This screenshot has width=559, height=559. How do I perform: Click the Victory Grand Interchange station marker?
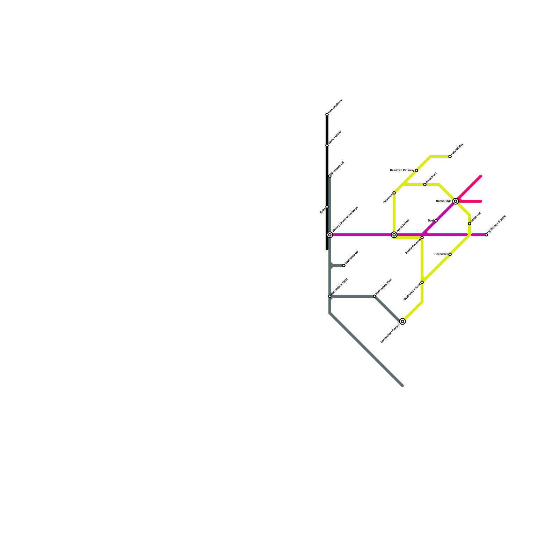(x=330, y=235)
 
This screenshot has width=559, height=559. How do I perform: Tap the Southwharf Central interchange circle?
(x=402, y=321)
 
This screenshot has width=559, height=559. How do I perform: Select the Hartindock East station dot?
(x=375, y=296)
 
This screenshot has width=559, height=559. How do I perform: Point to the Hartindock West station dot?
(x=330, y=296)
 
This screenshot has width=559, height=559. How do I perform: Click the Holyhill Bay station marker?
(x=450, y=157)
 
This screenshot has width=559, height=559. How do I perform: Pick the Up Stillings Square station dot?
(x=486, y=235)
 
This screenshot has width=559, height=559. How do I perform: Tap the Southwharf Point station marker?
(x=422, y=282)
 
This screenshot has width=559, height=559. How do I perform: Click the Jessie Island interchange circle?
(x=394, y=235)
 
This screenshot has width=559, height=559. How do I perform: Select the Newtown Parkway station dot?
(x=416, y=170)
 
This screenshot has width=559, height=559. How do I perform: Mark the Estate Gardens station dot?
(x=422, y=238)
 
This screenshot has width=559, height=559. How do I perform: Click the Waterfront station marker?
(x=425, y=184)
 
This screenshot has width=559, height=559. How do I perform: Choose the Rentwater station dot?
(x=450, y=254)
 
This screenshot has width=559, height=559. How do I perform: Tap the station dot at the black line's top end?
(x=327, y=115)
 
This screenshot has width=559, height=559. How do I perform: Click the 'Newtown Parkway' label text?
(x=402, y=170)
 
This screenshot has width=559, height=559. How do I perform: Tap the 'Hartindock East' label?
(x=384, y=287)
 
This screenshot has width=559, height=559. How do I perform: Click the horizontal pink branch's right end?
(x=481, y=201)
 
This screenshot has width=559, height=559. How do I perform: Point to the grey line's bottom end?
(x=402, y=386)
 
